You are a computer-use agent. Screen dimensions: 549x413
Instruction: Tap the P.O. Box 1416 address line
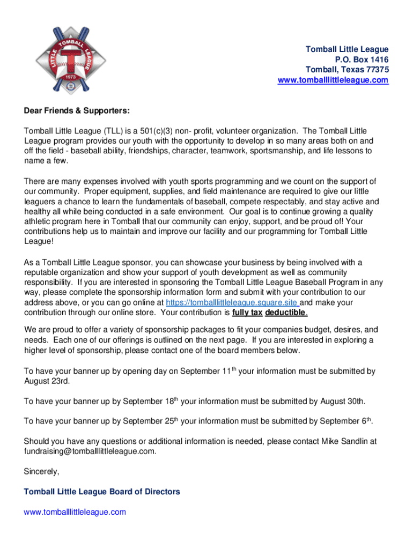362,60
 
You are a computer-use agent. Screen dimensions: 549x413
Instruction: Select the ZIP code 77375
375,70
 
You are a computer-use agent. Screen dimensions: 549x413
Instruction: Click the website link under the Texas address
333,80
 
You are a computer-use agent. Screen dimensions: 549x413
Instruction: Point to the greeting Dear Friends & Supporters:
77,111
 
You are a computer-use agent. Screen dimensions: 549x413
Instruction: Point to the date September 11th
209,371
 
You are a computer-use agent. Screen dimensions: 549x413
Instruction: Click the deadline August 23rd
47,381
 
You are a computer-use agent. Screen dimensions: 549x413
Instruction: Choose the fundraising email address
90,451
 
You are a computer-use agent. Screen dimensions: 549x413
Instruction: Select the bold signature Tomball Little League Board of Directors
102,492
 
